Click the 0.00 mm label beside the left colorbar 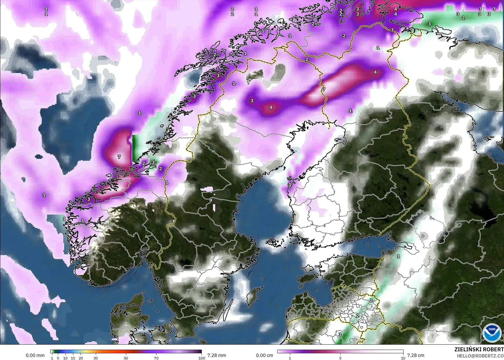[35, 355]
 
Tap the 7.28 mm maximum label [217, 355]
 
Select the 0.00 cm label [264, 355]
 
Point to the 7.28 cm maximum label [416, 355]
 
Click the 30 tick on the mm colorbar [96, 358]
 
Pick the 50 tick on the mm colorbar [126, 358]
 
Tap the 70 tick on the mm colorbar [156, 358]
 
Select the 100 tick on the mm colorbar [201, 358]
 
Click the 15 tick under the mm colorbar [73, 358]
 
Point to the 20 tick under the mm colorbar [81, 358]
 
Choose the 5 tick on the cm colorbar [340, 358]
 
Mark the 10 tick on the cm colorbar [403, 358]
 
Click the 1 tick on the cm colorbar [290, 358]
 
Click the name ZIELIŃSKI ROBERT [479, 350]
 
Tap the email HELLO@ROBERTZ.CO [479, 356]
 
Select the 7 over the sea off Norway [119, 157]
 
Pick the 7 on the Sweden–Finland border [324, 90]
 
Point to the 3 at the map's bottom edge [340, 334]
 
